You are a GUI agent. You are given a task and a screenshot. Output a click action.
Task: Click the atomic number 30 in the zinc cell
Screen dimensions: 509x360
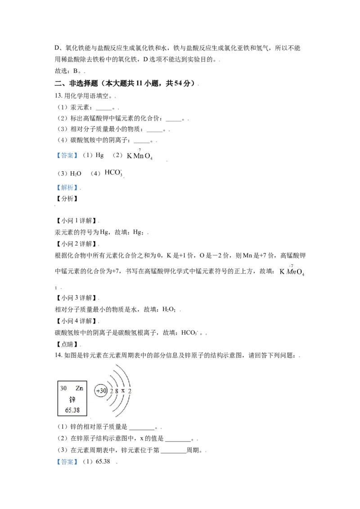point(63,388)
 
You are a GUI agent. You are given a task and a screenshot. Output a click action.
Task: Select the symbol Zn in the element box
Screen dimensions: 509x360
point(79,388)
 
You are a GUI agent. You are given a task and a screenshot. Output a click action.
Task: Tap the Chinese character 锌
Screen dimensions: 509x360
point(72,399)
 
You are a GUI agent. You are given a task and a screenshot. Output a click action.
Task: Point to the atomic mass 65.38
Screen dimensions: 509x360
point(72,410)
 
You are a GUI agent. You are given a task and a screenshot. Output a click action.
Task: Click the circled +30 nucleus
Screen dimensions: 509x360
point(101,391)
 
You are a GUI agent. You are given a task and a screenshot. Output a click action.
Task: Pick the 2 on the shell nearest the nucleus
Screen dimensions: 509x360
point(111,391)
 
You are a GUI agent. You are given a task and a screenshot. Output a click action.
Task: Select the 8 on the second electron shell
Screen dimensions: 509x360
point(117,391)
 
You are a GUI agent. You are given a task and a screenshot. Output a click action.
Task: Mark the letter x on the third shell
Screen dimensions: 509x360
point(123,391)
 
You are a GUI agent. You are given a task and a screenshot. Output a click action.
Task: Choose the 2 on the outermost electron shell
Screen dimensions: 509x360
point(130,391)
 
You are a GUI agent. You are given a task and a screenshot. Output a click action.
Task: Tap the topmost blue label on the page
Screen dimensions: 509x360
point(66,155)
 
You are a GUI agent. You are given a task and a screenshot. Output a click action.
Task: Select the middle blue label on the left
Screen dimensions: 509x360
point(66,187)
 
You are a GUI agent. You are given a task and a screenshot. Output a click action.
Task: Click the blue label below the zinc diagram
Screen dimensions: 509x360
point(66,462)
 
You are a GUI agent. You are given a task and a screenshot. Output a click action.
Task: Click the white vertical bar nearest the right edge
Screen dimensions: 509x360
point(279,270)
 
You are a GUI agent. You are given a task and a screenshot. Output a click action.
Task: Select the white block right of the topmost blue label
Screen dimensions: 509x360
point(126,153)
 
